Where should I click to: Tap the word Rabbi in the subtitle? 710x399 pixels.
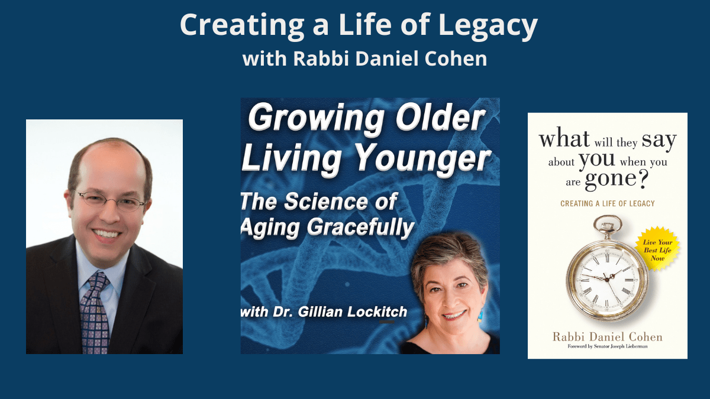tap(321, 59)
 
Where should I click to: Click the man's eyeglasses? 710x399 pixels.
tap(111, 201)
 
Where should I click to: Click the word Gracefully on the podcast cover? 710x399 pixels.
tap(360, 228)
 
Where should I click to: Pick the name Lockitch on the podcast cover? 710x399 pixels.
tap(377, 312)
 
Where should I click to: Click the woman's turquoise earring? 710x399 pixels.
tap(480, 316)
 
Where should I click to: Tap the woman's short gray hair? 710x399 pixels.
tap(450, 257)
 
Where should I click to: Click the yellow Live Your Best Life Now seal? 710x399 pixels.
tap(657, 249)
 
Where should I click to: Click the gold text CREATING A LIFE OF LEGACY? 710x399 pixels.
tap(607, 203)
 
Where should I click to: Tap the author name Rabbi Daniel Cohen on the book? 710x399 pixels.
tap(607, 336)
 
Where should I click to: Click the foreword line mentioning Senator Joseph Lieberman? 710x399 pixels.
tap(607, 346)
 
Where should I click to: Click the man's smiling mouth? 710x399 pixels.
tap(106, 235)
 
